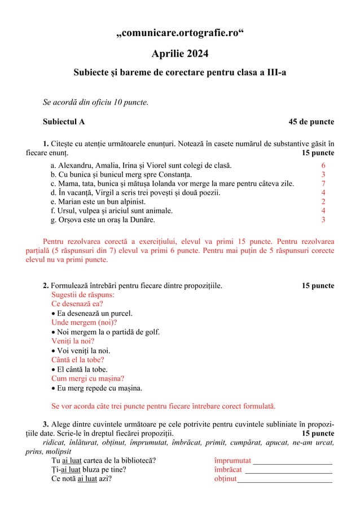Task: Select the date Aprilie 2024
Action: coord(180,54)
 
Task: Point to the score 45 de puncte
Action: coord(311,121)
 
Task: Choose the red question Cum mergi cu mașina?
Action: coord(87,378)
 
